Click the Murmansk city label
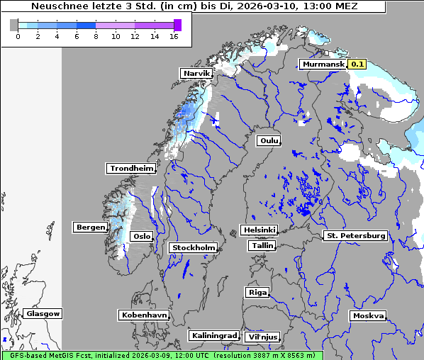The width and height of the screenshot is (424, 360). pos(323,64)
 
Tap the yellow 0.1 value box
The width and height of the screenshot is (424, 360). pos(357,64)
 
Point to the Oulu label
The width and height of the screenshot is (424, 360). pos(269,140)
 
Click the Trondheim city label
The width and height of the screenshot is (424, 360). pos(131,168)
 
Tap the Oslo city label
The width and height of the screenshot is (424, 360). pos(143,236)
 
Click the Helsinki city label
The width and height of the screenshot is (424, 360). pos(259,230)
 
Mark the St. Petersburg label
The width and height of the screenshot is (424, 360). pos(355,235)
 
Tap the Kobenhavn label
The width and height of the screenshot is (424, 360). pos(144,315)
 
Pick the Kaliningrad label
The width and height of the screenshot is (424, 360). pos(213,335)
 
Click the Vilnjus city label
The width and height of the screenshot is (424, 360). pos(262,337)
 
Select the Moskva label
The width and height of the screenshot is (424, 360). pos(368,315)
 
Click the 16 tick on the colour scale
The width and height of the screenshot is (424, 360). pos(174,36)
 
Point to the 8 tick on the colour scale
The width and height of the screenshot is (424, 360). pos(96,36)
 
